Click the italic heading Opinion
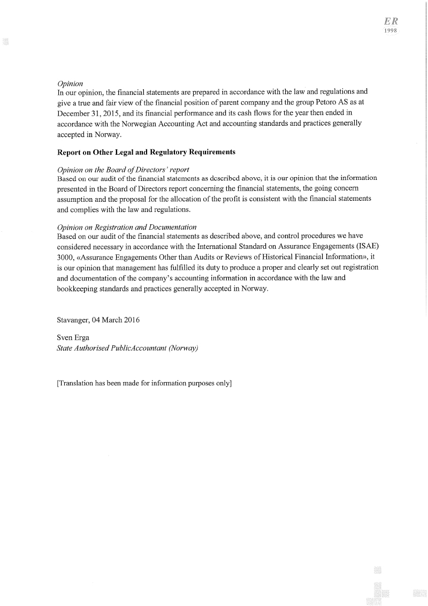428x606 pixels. [70, 84]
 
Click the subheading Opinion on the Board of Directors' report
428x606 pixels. [123, 170]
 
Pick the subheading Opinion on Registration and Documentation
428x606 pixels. [126, 228]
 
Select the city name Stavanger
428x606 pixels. [73, 320]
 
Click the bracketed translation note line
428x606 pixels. [144, 383]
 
